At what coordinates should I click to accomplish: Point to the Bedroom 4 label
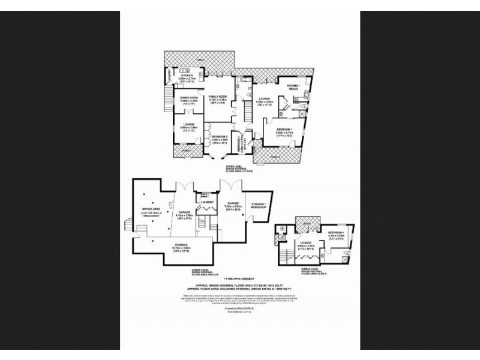coord(337,232)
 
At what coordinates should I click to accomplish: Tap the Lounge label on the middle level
coord(305,243)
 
